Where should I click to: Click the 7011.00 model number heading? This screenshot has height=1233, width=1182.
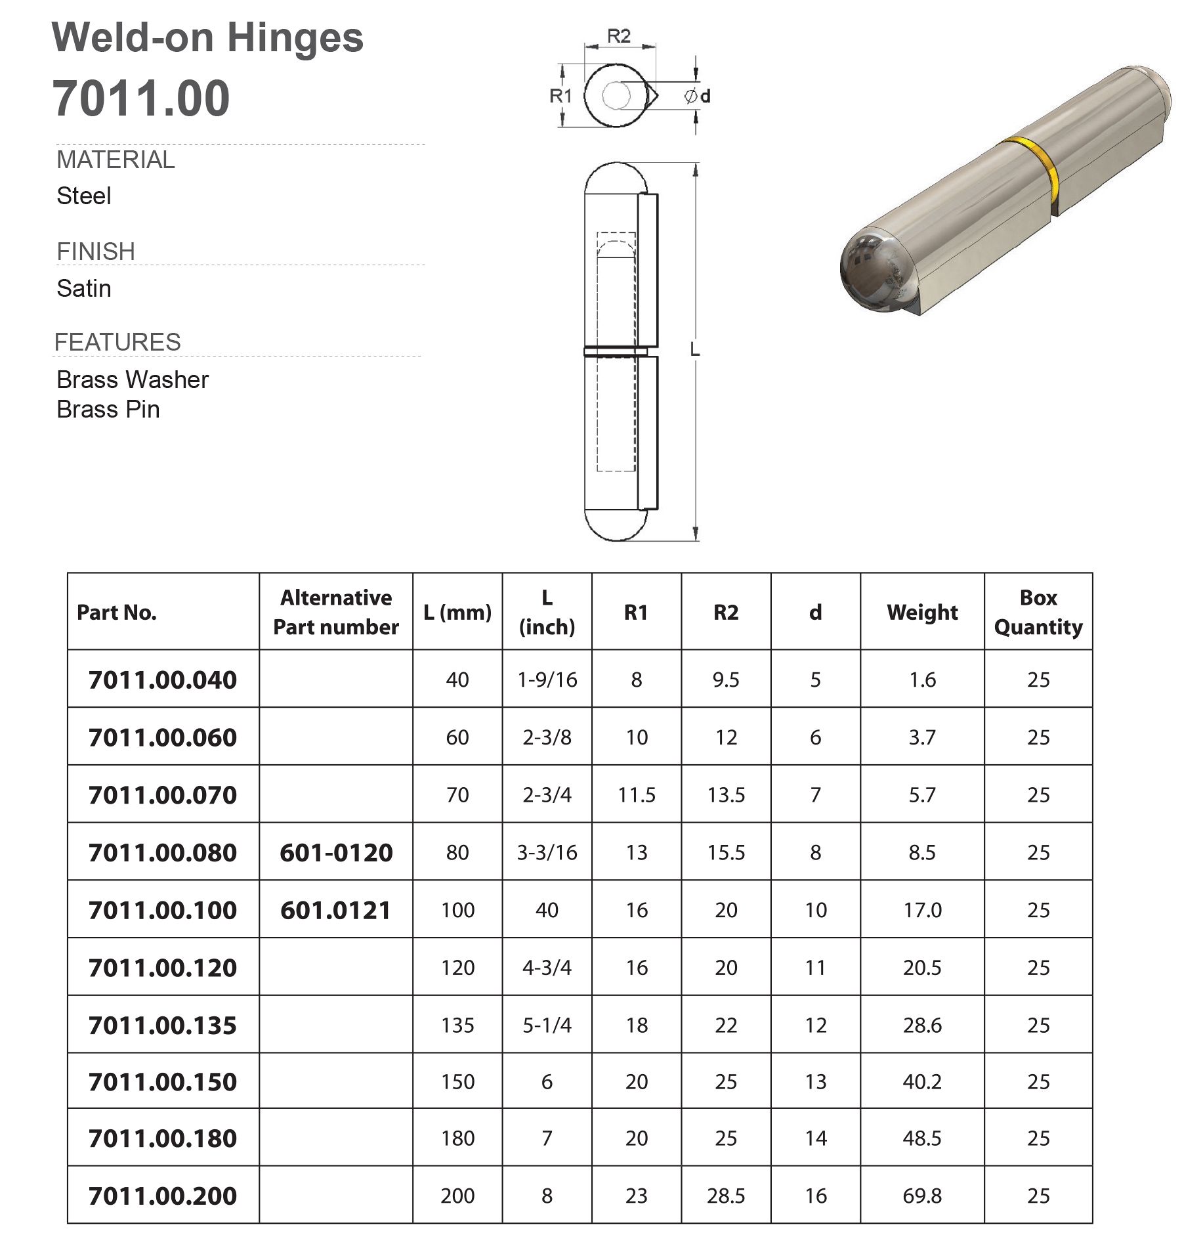point(141,98)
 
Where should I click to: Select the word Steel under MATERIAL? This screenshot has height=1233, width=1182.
point(84,196)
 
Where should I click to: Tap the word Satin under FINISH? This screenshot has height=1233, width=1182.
point(84,288)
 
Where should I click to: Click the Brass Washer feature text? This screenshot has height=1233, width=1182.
point(133,379)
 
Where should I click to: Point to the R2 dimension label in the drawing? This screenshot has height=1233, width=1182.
point(618,37)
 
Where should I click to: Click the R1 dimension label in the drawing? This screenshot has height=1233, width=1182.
point(560,97)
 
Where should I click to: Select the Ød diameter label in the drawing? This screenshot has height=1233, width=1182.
point(697,97)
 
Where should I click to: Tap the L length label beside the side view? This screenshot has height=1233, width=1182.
point(695,351)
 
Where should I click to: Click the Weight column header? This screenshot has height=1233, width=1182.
point(921,612)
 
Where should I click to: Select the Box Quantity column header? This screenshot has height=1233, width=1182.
point(1038,612)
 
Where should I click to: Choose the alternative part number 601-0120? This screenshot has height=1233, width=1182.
point(336,852)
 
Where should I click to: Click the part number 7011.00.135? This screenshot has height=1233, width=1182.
point(163,1025)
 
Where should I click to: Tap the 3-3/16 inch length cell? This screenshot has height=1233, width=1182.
point(547,852)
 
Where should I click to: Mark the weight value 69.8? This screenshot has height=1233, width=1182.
point(921,1196)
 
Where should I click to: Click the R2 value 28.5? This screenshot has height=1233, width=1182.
point(726,1196)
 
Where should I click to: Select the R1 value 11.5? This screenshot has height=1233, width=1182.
point(636,794)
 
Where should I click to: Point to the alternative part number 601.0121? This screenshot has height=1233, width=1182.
point(336,910)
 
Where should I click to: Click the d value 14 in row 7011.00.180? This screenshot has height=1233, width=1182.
point(815,1138)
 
